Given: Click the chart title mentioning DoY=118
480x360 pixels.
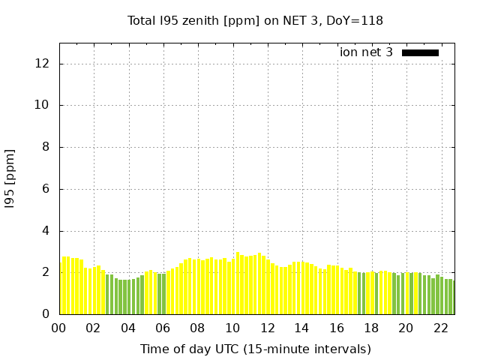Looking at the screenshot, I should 256,20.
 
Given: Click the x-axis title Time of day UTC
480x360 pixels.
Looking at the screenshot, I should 256,349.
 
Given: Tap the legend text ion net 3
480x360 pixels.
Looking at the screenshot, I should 366,52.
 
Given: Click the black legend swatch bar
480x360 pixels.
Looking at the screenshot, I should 420,52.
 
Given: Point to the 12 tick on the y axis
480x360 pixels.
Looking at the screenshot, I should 43,63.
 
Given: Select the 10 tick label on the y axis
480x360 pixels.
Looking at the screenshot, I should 43,105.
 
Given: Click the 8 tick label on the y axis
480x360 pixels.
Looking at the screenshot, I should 46,147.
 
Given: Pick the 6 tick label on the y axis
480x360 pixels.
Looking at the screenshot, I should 46,189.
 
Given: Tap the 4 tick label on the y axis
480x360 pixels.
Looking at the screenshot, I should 46,231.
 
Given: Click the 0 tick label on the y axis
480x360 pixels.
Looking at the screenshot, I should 46,314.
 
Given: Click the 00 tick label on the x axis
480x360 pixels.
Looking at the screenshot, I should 58,328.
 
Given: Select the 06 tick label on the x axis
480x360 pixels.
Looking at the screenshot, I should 163,328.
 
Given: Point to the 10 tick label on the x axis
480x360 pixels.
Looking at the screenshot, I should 232,328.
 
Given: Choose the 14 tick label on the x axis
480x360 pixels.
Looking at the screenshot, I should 301,328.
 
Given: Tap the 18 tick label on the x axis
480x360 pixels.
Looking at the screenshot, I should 370,328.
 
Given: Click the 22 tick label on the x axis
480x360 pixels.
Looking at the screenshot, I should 440,328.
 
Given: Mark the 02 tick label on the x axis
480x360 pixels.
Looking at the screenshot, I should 93,328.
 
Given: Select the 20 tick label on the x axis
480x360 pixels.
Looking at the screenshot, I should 406,328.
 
